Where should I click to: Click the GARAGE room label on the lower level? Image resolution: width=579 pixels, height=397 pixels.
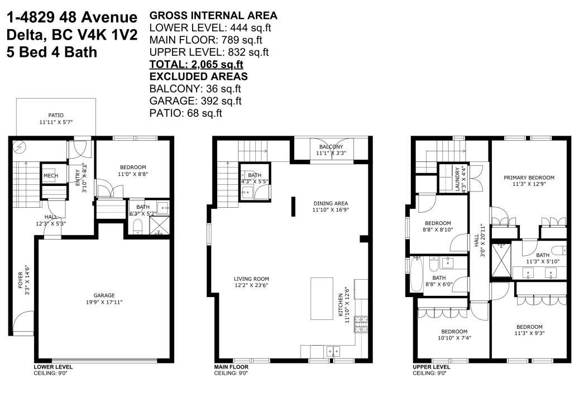(x=104, y=295)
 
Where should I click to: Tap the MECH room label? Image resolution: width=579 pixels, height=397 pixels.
(x=51, y=176)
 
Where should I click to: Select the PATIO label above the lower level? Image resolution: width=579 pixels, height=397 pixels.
(x=56, y=115)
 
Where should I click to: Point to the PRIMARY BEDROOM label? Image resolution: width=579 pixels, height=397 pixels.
(x=529, y=178)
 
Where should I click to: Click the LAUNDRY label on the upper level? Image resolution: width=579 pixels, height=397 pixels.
(x=457, y=179)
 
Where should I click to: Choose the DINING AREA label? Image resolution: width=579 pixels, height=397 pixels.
(x=331, y=203)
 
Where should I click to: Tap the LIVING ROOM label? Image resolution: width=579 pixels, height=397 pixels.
(x=251, y=279)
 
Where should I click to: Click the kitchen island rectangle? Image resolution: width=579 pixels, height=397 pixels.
(x=322, y=298)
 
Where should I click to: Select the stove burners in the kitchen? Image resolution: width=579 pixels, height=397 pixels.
(x=361, y=324)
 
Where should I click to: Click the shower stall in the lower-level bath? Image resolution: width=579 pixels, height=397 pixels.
(x=159, y=225)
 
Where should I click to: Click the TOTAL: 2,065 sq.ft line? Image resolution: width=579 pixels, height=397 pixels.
(x=196, y=64)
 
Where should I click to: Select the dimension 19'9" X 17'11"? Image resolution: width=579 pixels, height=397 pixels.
(x=104, y=302)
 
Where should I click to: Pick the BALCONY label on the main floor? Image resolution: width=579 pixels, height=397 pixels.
(x=331, y=147)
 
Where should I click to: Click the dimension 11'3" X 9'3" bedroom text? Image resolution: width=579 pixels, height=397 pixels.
(x=529, y=333)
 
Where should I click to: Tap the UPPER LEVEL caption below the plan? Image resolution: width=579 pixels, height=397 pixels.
(x=431, y=367)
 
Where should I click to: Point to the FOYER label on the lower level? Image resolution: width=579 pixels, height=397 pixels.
(x=21, y=280)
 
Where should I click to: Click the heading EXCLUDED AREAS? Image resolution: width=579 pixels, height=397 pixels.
(x=198, y=76)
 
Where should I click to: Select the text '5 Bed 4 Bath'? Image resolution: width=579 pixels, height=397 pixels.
(x=52, y=52)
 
